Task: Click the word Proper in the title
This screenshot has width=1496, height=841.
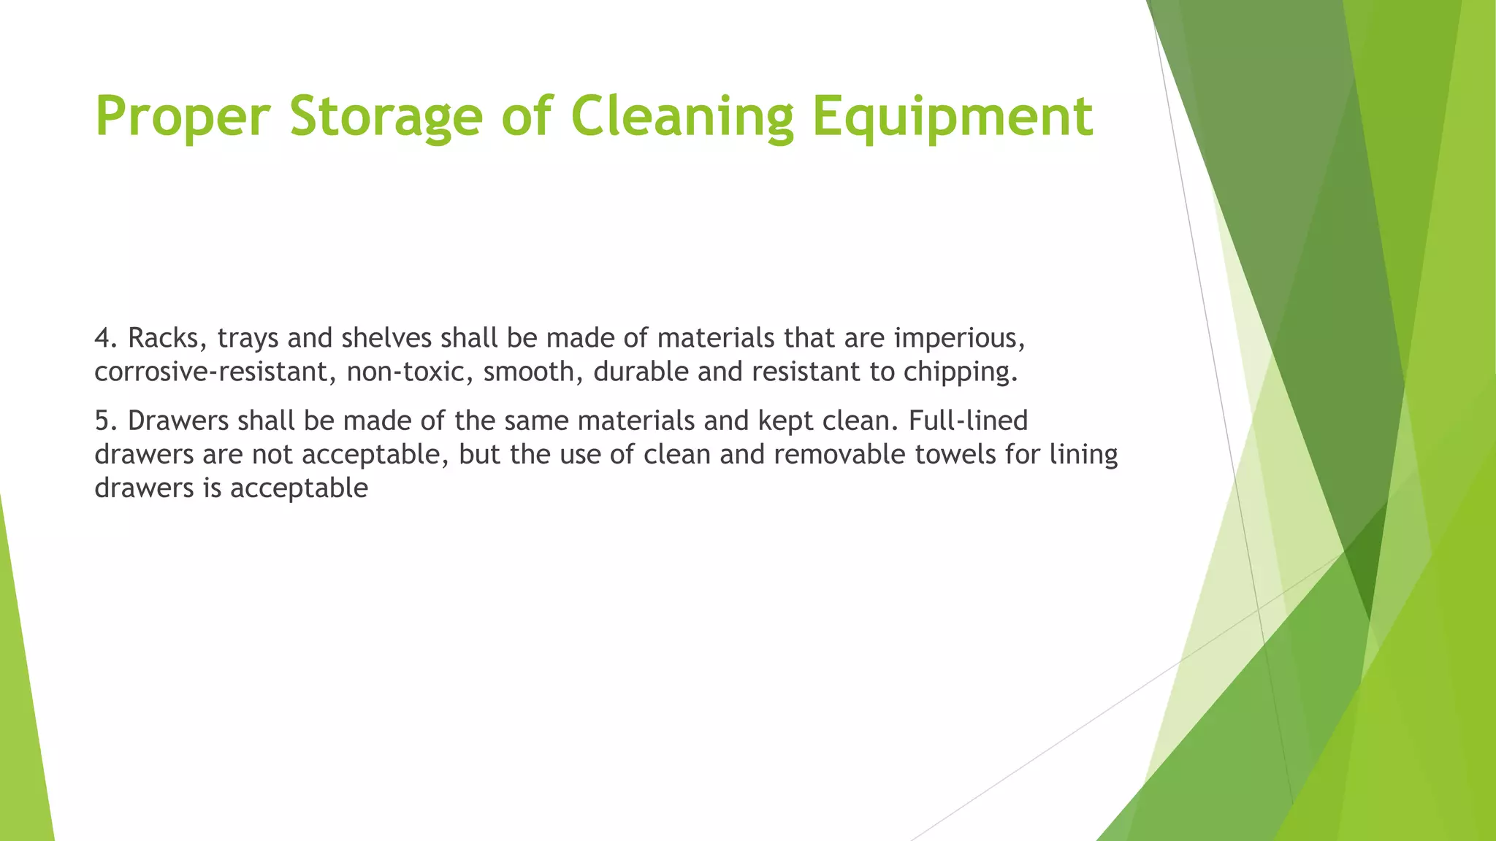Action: [183, 117]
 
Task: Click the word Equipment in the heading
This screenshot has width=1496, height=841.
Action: [953, 117]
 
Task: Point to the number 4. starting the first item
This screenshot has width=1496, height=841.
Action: [106, 338]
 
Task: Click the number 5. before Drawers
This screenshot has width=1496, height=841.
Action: [106, 420]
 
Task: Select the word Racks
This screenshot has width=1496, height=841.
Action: [168, 338]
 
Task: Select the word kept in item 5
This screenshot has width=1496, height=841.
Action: [786, 420]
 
